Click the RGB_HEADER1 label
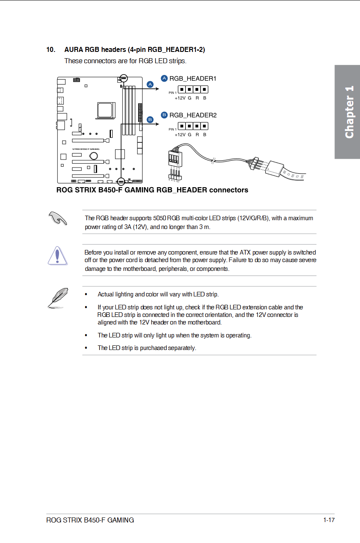click(193, 78)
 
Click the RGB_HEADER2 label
click(193, 115)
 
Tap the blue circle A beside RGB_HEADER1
click(164, 78)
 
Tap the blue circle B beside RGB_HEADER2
click(164, 115)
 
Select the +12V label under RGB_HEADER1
click(180, 98)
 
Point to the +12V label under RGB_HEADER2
click(180, 135)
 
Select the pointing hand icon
click(57, 218)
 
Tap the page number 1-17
click(329, 520)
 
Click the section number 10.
click(51, 50)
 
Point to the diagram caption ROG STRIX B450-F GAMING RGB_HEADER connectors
click(152, 190)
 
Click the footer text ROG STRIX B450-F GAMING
click(90, 520)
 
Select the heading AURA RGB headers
click(134, 50)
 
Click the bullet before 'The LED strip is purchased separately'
click(86, 348)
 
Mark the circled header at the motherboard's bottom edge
click(121, 181)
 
